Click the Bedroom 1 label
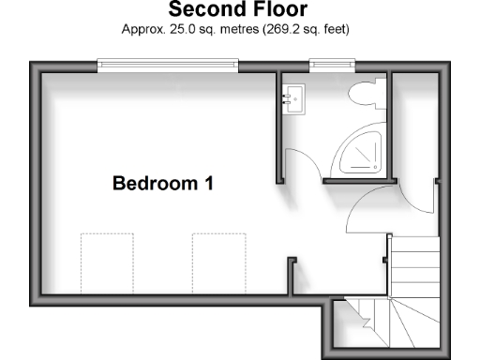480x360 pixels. tap(163, 183)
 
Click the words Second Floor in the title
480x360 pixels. tap(240, 10)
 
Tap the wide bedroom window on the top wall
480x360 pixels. tap(168, 66)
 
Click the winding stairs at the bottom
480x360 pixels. tap(394, 324)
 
